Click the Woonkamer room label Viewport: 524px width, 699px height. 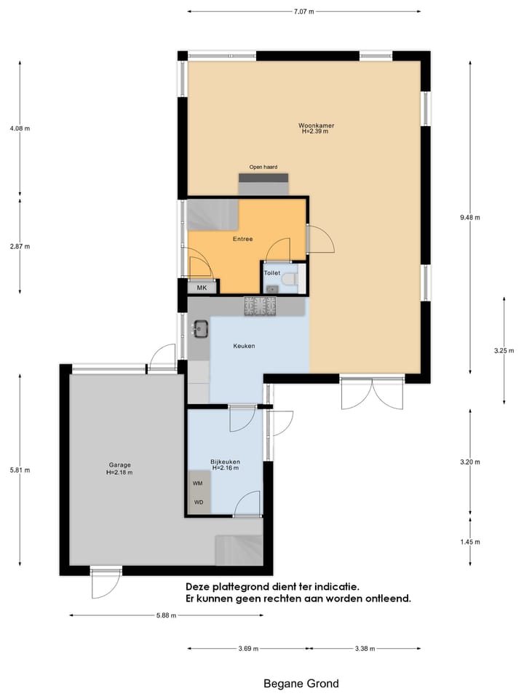coord(316,126)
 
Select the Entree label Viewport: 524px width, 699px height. coord(243,239)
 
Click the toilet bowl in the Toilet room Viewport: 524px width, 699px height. coord(289,278)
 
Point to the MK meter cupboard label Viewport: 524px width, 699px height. coord(202,288)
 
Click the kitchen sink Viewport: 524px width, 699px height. coord(201,330)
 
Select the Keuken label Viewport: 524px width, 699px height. coord(244,346)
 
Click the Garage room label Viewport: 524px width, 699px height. coord(119,465)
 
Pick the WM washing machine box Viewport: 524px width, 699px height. coord(198,483)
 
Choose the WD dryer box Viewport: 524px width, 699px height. coord(198,502)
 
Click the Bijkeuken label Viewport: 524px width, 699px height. coord(225,462)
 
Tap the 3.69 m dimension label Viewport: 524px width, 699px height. coord(247,649)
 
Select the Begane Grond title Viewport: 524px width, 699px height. coord(301,684)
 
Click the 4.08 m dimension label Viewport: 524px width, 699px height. coord(20,129)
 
